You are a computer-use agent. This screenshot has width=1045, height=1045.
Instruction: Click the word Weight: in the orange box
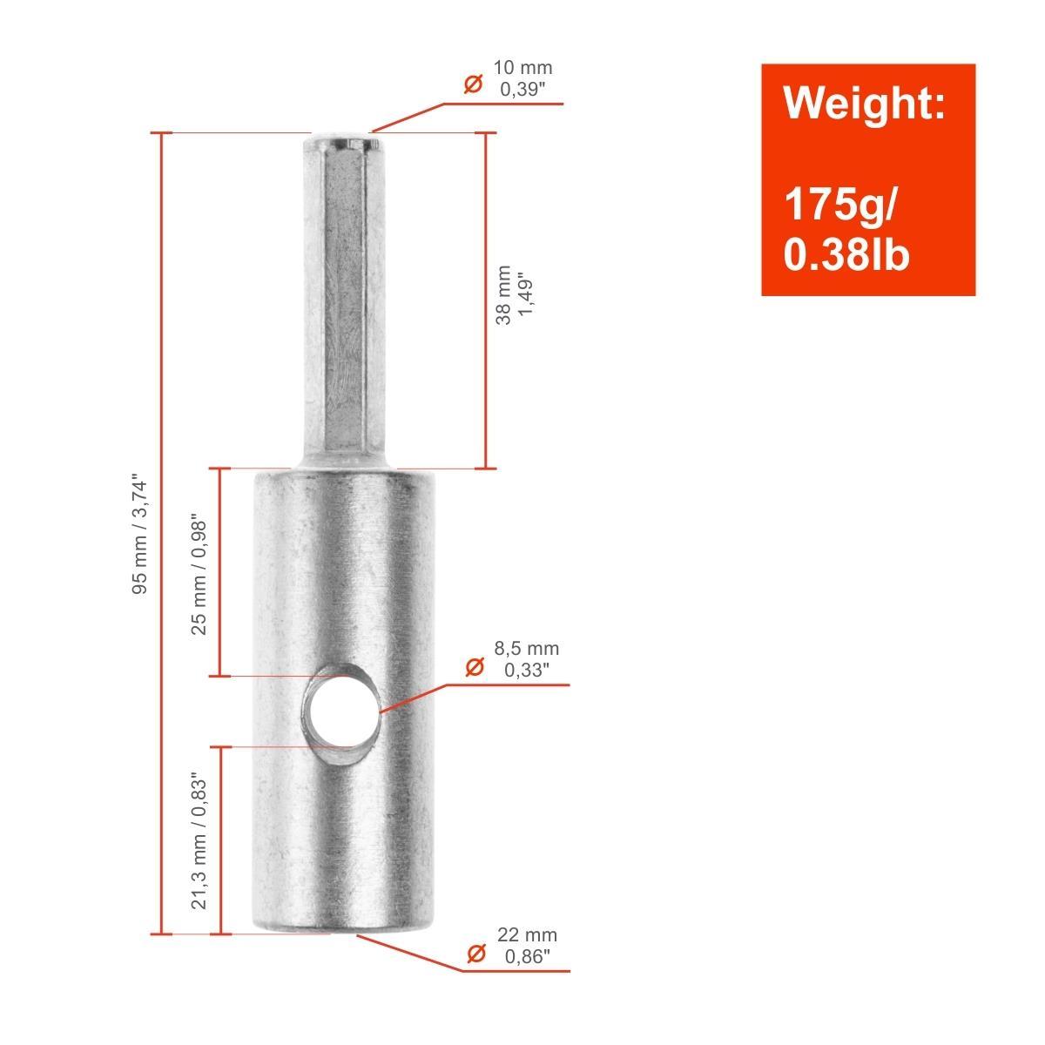coord(864,103)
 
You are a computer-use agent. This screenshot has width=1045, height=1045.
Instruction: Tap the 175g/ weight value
coord(839,205)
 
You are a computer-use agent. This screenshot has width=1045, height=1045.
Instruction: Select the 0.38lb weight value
coord(846,254)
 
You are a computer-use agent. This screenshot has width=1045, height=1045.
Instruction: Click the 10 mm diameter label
coord(522,68)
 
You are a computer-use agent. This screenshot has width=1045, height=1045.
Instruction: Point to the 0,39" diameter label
coord(522,90)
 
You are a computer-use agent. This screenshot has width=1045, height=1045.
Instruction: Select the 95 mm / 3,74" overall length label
coord(140,536)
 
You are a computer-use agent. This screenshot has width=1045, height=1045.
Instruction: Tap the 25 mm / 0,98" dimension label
coord(199,577)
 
